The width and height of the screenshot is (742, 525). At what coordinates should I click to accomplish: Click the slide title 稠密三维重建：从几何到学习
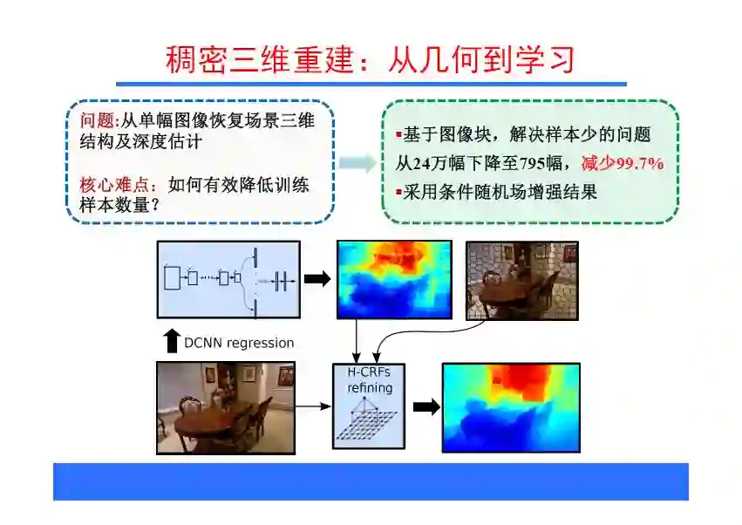[371, 59]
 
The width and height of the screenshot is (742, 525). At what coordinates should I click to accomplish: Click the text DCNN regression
[239, 343]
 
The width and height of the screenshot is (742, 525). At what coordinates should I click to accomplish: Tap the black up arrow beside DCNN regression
[172, 341]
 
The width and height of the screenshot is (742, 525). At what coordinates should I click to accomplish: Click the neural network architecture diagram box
[228, 279]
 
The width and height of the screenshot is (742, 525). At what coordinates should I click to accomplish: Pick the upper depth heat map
[394, 279]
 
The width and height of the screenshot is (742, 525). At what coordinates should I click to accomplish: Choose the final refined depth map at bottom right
[511, 407]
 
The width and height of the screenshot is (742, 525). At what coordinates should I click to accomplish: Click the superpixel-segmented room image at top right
[522, 280]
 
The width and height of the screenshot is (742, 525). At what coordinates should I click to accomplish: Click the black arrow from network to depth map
[318, 279]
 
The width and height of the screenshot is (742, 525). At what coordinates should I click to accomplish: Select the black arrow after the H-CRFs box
[426, 407]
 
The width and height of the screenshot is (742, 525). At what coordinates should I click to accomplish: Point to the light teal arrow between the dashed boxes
[358, 162]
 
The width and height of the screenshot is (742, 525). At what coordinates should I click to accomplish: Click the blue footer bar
[371, 481]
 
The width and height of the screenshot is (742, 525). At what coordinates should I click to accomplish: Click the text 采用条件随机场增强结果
[500, 192]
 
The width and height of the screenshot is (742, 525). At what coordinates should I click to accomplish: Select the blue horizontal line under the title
[371, 85]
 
